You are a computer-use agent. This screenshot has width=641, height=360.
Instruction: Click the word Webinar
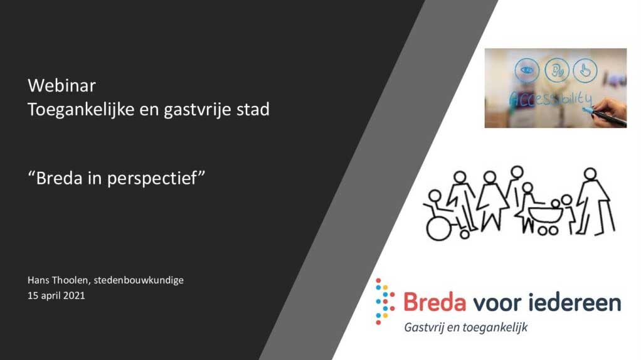pos(61,85)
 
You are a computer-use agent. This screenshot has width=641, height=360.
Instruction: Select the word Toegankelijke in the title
pos(81,110)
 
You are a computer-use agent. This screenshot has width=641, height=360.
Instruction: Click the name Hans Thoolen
pos(58,280)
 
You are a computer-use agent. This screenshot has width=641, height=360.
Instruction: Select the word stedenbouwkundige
pos(139,280)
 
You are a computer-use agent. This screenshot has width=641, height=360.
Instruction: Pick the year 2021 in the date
pos(74,295)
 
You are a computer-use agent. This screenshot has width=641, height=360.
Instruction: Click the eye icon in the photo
pos(527,70)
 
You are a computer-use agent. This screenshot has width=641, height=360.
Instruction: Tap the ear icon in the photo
pos(557,70)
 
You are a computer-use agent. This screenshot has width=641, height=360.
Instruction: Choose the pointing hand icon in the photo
pos(585,70)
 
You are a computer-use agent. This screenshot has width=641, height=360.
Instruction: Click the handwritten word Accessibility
pos(550,99)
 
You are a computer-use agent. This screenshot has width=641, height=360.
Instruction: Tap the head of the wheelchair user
pos(435,196)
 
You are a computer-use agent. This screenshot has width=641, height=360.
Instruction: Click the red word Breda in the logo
pos(435,303)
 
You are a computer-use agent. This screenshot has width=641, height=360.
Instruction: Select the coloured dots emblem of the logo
pos(384,302)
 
